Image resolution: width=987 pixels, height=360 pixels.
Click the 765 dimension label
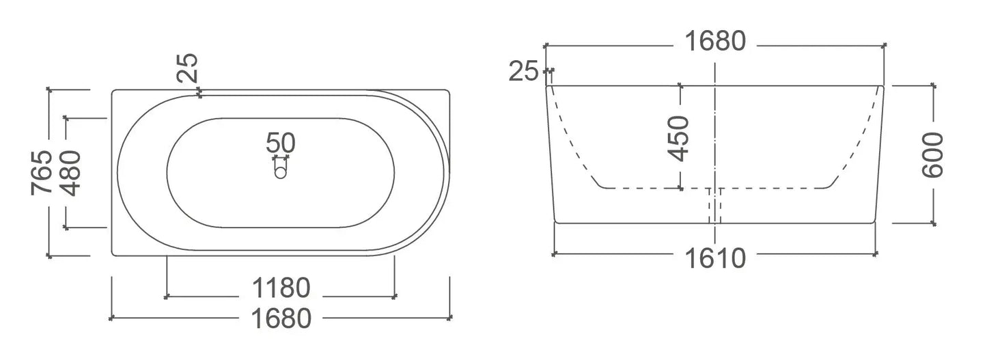tap(42, 172)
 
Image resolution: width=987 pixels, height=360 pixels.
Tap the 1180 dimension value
tap(281, 288)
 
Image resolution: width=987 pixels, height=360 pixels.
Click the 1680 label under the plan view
tap(281, 318)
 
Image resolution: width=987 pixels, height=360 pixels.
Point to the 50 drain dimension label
tap(281, 143)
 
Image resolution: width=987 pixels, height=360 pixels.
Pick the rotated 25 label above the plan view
tap(189, 68)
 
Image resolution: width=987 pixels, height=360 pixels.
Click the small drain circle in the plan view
tap(281, 173)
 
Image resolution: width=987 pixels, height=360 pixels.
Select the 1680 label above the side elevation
tap(714, 42)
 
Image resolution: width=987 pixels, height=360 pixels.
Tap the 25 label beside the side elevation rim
tap(525, 71)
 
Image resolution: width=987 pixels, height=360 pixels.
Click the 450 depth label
tap(679, 139)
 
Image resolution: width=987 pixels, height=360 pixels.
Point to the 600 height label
tap(933, 155)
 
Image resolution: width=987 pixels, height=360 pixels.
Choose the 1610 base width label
tap(715, 260)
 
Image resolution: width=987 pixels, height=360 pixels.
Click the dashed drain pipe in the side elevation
tap(714, 205)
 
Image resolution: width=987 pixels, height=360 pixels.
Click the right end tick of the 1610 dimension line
tap(876, 253)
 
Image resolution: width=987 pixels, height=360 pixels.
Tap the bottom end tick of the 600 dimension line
tap(933, 223)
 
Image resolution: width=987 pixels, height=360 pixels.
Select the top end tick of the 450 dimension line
tap(680, 85)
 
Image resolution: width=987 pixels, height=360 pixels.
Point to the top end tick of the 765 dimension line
tap(49, 89)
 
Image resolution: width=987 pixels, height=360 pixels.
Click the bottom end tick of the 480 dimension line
tap(66, 227)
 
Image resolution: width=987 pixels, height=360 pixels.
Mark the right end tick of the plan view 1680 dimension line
tap(450, 318)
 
